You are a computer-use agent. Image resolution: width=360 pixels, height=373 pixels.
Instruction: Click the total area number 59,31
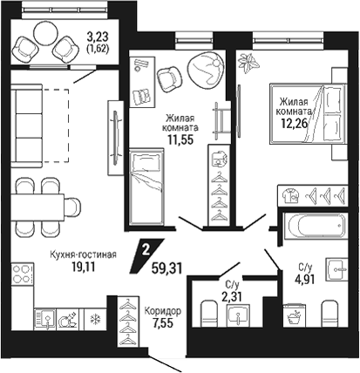click(x=166, y=268)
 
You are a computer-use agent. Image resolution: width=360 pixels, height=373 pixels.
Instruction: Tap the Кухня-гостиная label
click(x=83, y=254)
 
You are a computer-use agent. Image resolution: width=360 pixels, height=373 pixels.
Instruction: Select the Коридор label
click(x=163, y=311)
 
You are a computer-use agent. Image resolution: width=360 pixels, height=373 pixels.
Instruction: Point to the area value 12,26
click(x=294, y=124)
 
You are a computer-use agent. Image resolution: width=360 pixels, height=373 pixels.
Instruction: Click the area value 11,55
click(x=180, y=140)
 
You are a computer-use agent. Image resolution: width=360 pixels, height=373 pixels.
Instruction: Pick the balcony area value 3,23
click(x=98, y=37)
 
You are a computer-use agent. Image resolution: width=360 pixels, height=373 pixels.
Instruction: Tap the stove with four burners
click(x=23, y=274)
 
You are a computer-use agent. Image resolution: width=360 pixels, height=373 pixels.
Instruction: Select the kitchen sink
click(x=44, y=319)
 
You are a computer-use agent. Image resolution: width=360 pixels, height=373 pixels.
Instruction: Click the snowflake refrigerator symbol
click(x=94, y=320)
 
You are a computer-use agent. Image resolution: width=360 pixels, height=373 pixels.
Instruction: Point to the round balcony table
click(x=46, y=33)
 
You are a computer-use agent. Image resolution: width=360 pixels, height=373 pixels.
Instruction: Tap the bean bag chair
click(x=206, y=69)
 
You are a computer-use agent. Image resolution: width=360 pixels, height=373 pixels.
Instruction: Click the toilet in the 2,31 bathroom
click(x=209, y=314)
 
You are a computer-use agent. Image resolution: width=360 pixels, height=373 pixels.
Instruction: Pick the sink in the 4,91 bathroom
click(x=336, y=269)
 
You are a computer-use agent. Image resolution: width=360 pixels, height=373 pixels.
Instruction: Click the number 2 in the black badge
click(x=146, y=250)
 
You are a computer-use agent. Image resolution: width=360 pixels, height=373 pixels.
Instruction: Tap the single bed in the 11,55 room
click(x=146, y=186)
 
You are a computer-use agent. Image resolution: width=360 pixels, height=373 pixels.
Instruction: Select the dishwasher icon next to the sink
click(x=68, y=320)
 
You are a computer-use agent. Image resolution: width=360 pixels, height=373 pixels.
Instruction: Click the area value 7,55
click(x=163, y=322)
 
